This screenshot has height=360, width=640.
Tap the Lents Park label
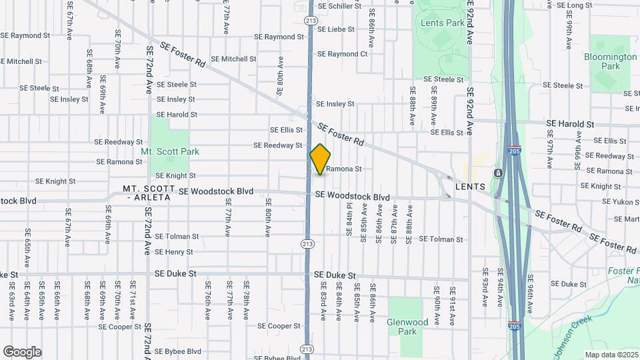tap(443, 23)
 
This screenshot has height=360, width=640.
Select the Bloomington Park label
tap(610, 61)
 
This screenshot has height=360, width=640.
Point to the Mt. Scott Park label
tap(170, 151)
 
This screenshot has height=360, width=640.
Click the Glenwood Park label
tap(407, 326)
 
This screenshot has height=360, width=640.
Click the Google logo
tap(22, 351)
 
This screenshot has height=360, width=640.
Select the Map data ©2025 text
tap(611, 355)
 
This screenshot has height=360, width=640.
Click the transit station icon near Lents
tap(498, 174)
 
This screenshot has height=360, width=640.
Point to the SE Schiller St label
tap(339, 6)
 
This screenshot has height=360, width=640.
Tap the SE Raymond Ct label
tap(342, 54)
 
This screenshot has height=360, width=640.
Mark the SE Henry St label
tap(173, 252)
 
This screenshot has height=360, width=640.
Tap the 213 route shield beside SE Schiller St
tap(310, 21)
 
